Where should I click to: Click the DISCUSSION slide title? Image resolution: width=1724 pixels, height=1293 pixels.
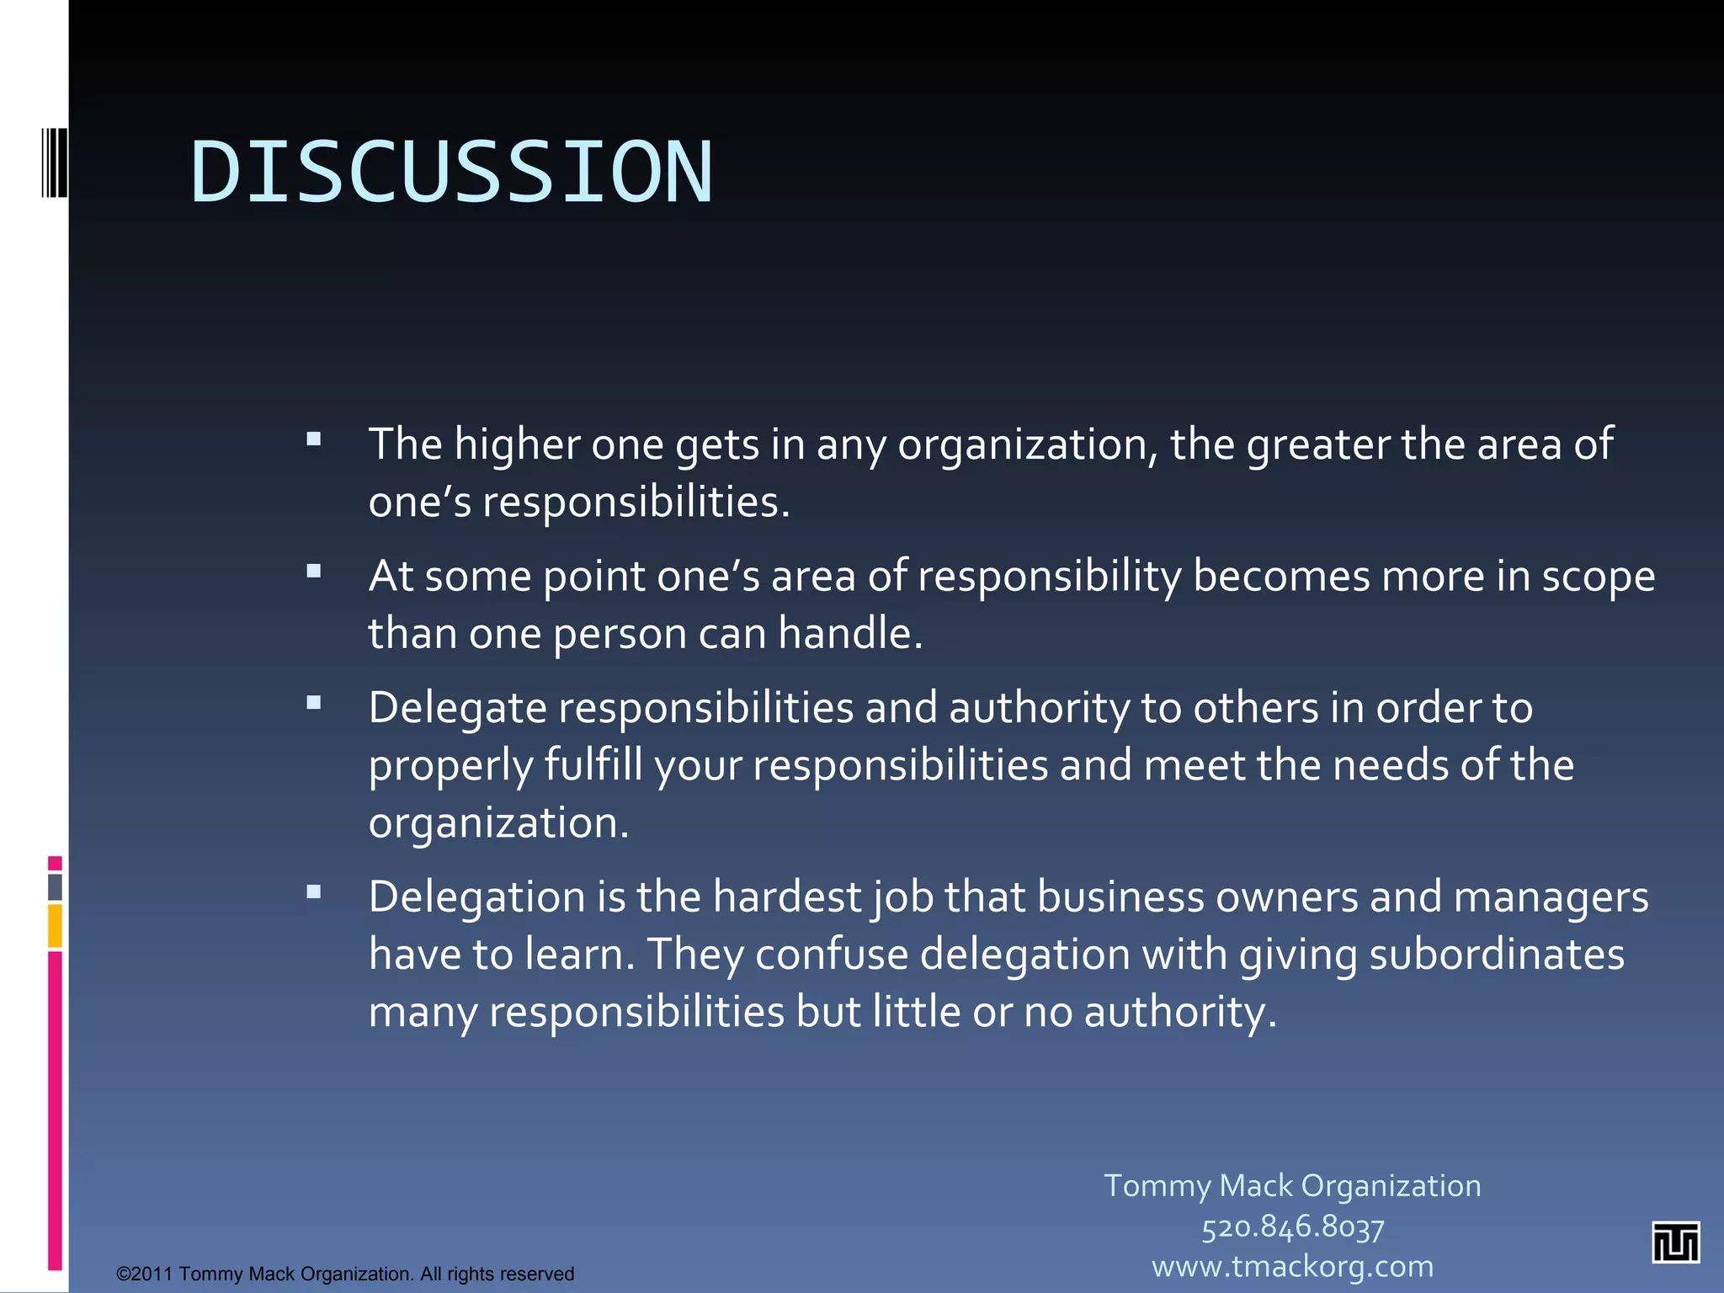point(452,173)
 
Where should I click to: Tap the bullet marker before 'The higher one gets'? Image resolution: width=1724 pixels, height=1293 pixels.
point(314,439)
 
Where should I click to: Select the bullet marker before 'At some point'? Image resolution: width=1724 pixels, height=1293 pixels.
point(314,572)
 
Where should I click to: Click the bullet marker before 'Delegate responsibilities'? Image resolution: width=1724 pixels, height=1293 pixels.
point(314,703)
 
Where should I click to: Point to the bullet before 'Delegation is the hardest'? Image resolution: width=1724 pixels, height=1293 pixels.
point(314,892)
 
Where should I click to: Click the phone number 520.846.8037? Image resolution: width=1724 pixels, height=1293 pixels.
point(1292,1226)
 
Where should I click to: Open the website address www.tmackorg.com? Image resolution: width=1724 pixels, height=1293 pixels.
point(1292,1266)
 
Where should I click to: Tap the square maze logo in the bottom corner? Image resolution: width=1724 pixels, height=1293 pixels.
point(1675,1242)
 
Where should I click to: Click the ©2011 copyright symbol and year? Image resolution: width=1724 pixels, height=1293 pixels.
point(144,1274)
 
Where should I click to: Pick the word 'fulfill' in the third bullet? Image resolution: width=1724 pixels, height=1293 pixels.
point(593,765)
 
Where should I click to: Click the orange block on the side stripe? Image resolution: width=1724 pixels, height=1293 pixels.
point(55,925)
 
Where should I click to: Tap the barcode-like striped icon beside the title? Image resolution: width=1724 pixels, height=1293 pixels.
point(55,162)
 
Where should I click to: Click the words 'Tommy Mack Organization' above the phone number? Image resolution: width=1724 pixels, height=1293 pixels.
point(1292,1185)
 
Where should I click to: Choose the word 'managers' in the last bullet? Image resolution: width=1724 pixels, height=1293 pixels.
point(1551,897)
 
